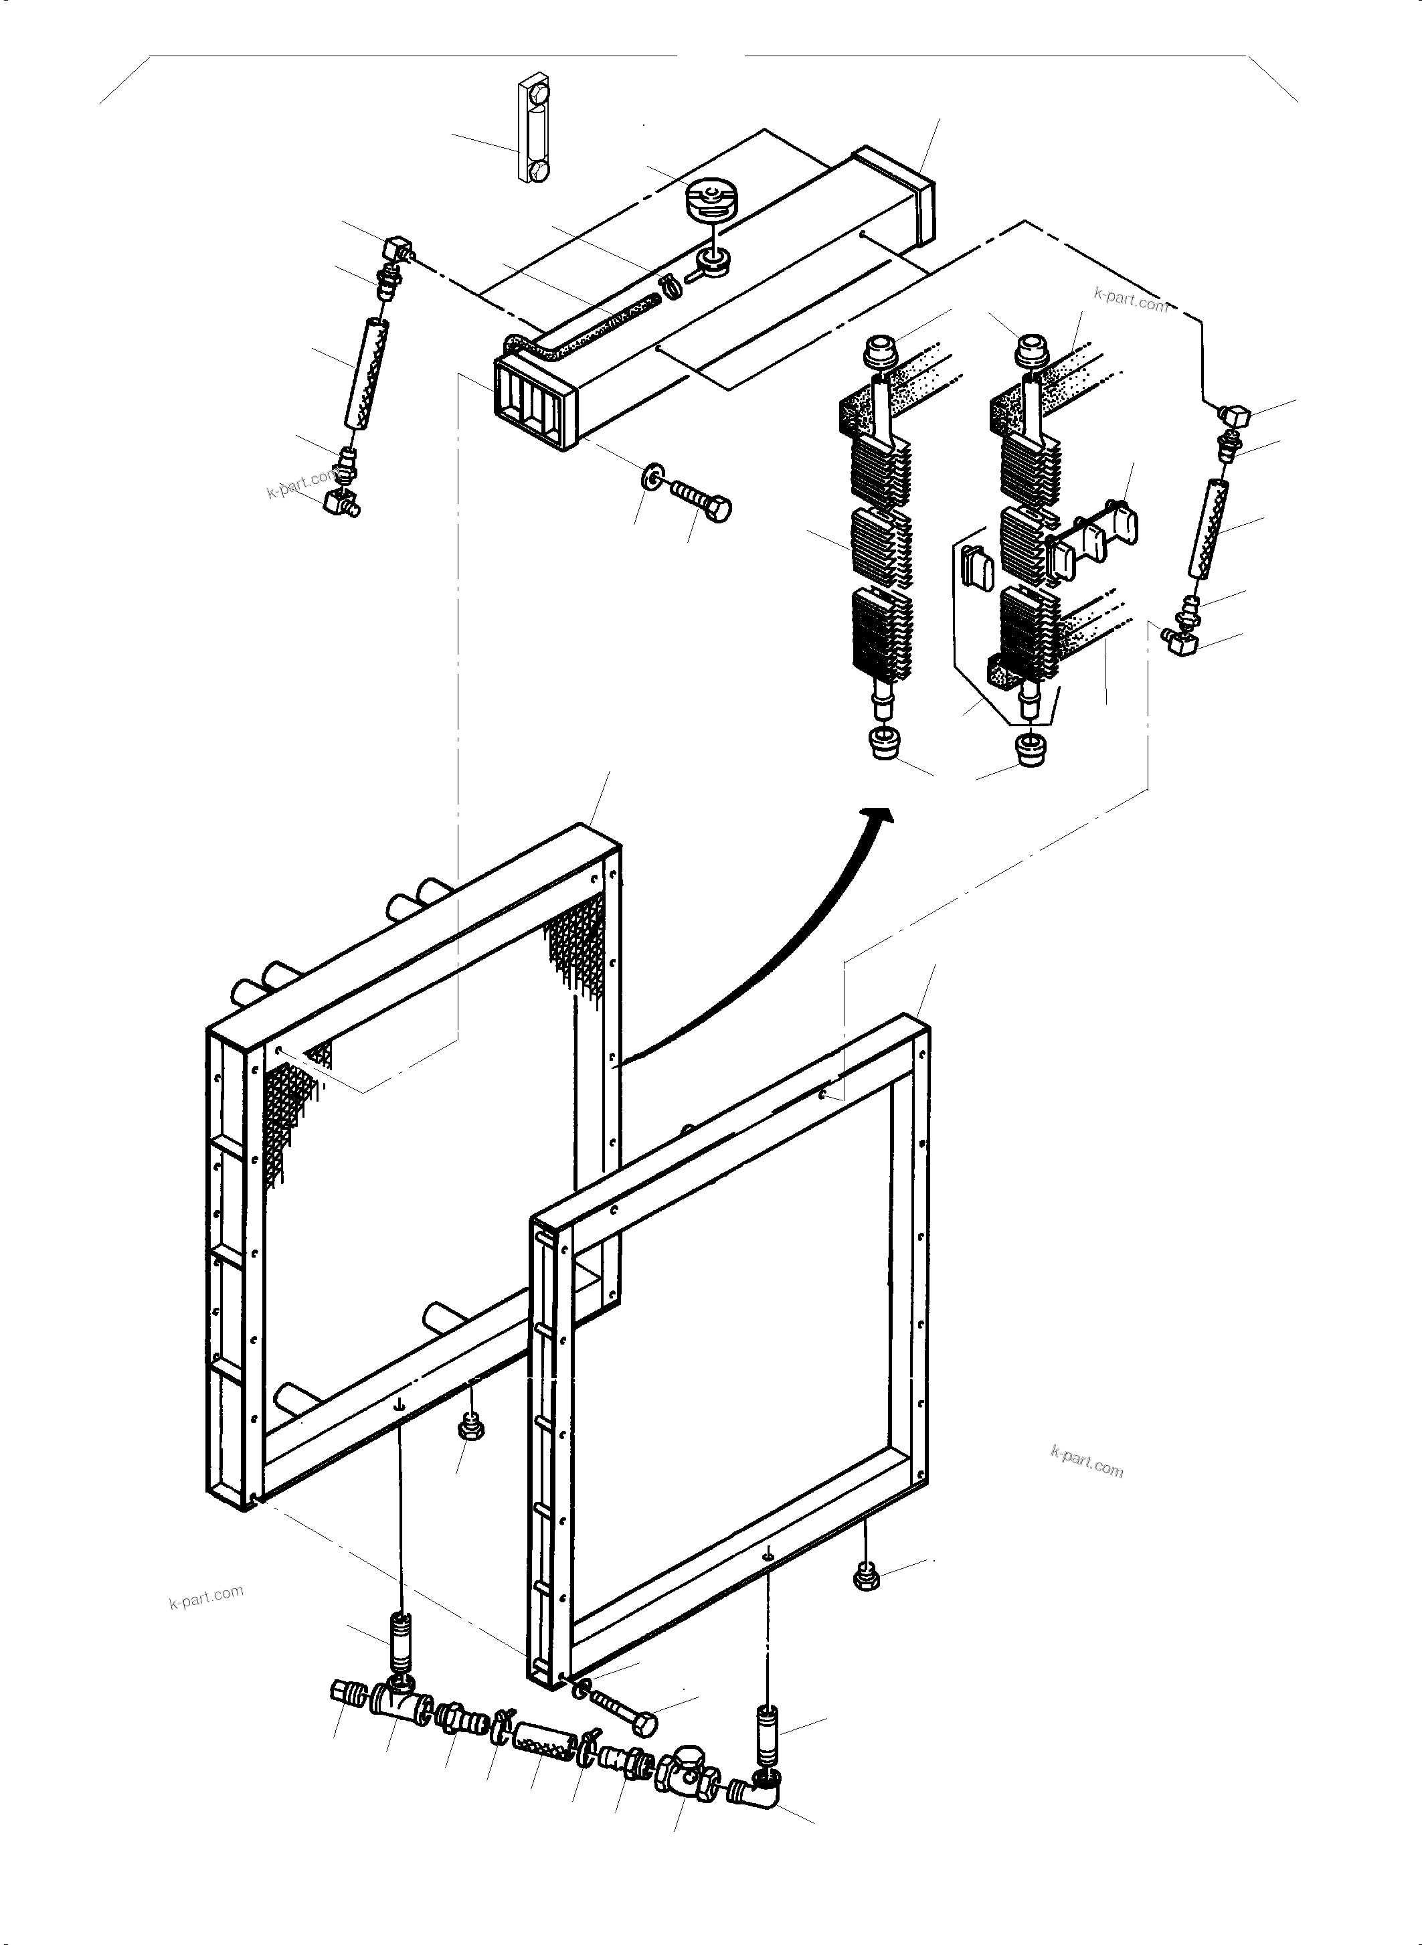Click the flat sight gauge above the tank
(534, 132)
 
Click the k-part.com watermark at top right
(1130, 300)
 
